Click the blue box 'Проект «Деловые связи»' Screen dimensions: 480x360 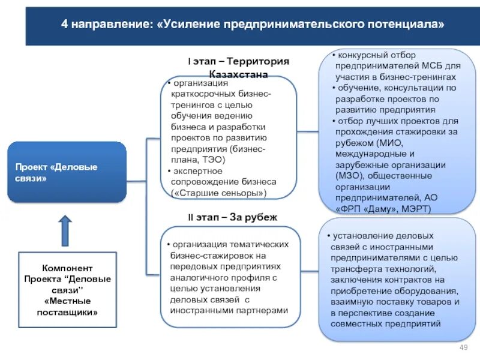click(x=67, y=172)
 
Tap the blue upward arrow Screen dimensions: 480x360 click(x=65, y=231)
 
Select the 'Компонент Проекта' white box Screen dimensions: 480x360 click(x=67, y=290)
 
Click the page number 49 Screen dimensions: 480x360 click(x=463, y=349)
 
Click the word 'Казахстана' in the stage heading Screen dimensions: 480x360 click(x=238, y=74)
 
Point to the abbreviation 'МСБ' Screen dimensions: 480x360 click(x=433, y=66)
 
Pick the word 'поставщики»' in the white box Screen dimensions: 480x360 click(x=67, y=312)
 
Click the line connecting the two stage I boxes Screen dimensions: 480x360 click(x=307, y=131)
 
